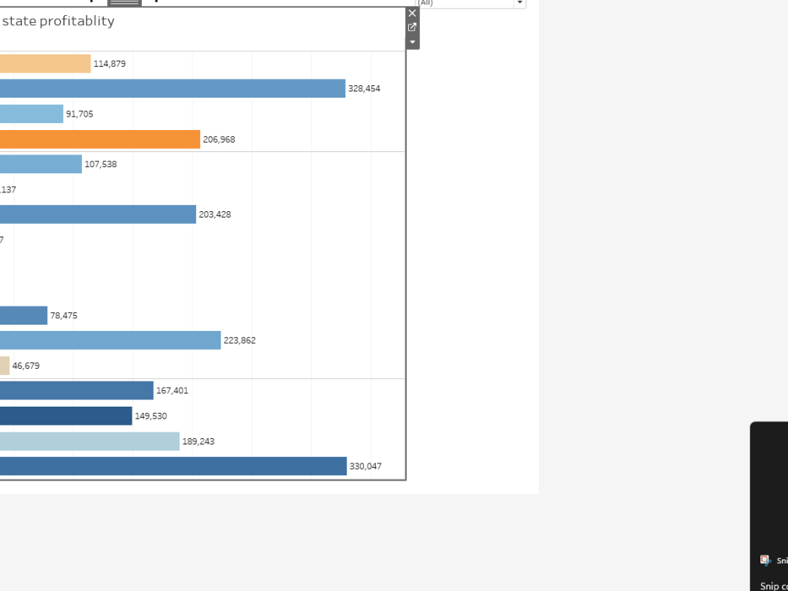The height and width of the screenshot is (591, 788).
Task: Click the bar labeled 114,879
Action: (45, 64)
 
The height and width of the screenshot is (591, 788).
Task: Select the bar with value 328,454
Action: (173, 88)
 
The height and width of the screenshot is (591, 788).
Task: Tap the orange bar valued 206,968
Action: (100, 139)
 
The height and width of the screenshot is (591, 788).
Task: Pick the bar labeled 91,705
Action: (32, 114)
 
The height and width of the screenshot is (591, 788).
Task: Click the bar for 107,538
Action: (41, 164)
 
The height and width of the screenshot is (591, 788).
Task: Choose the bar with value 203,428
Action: (98, 214)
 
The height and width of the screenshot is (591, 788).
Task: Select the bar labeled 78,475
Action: (24, 315)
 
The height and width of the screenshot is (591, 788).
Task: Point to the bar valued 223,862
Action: (110, 340)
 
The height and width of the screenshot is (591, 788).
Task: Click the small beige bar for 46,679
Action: (5, 366)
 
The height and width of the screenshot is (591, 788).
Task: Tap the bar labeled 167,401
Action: (76, 391)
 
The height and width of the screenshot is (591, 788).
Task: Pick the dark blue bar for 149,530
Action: (66, 416)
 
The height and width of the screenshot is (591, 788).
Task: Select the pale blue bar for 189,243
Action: (90, 441)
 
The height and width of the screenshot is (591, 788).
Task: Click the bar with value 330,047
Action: (173, 466)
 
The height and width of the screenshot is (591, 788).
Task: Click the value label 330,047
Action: (366, 466)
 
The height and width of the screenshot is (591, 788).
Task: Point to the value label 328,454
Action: (364, 89)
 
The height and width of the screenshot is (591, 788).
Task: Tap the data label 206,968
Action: (219, 139)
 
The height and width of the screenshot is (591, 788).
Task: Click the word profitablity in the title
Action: (77, 21)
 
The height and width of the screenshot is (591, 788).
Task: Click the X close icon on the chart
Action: (412, 13)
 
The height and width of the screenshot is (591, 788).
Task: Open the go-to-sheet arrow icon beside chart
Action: (412, 28)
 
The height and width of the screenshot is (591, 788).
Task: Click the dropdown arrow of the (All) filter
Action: (519, 3)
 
